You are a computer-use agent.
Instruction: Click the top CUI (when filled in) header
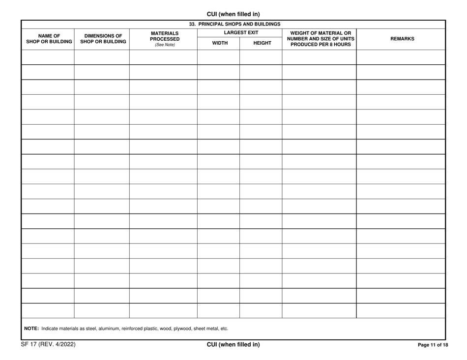pyautogui.click(x=233, y=14)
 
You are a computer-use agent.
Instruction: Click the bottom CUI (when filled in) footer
pyautogui.click(x=233, y=345)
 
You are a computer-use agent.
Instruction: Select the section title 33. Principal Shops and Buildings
pyautogui.click(x=234, y=24)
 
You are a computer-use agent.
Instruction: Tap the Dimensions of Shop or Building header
pyautogui.click(x=103, y=38)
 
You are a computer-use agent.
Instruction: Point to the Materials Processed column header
pyautogui.click(x=164, y=37)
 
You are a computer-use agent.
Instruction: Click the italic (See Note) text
pyautogui.click(x=165, y=45)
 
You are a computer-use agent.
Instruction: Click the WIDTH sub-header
pyautogui.click(x=219, y=43)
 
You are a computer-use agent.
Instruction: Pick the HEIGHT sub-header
pyautogui.click(x=262, y=43)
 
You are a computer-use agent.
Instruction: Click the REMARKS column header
pyautogui.click(x=402, y=39)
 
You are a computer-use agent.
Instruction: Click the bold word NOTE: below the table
pyautogui.click(x=31, y=329)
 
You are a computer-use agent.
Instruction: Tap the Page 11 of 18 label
pyautogui.click(x=433, y=345)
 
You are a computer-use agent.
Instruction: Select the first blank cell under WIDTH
pyautogui.click(x=218, y=57)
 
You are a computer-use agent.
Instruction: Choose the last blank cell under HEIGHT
pyautogui.click(x=261, y=310)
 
